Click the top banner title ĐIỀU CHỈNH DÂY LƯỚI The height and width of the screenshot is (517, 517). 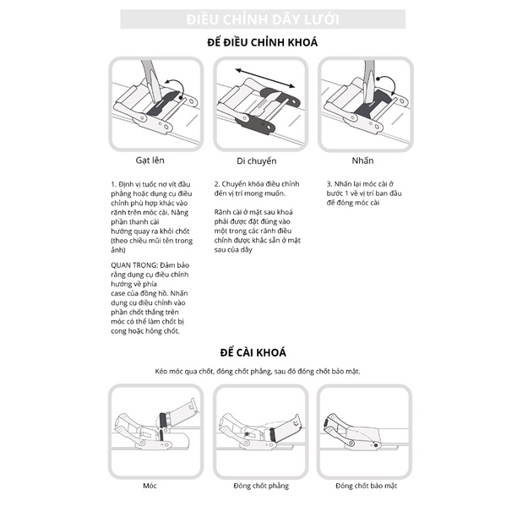262,19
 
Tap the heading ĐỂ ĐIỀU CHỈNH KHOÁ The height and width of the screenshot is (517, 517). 262,42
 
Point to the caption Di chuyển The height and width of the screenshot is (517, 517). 259,160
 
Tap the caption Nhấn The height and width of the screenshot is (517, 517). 362,159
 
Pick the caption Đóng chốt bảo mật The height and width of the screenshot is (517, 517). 366,486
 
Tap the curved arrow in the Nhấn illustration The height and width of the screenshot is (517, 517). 384,83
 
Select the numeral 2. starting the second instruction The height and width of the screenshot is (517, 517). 217,183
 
